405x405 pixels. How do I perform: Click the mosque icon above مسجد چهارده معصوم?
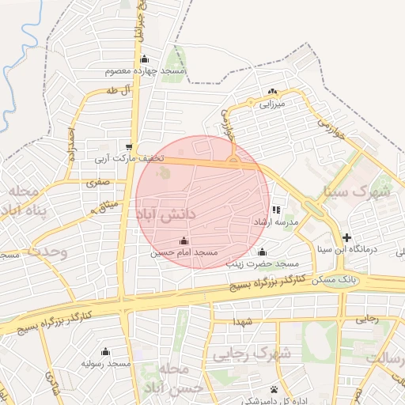pyautogui.click(x=144, y=59)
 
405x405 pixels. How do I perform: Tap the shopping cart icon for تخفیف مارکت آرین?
pyautogui.click(x=129, y=147)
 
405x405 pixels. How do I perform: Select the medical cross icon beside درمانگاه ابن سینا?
pyautogui.click(x=346, y=237)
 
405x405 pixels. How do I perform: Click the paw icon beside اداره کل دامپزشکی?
pyautogui.click(x=274, y=389)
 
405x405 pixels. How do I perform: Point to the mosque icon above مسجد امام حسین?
pyautogui.click(x=184, y=240)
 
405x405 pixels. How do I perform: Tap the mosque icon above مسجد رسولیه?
pyautogui.click(x=106, y=351)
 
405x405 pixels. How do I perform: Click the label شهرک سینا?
pyautogui.click(x=358, y=192)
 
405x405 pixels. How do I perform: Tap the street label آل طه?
pyautogui.click(x=115, y=92)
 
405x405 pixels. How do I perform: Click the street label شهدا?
pyautogui.click(x=243, y=322)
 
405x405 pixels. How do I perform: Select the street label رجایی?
pyautogui.click(x=366, y=320)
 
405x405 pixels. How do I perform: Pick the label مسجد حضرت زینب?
pyautogui.click(x=262, y=263)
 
